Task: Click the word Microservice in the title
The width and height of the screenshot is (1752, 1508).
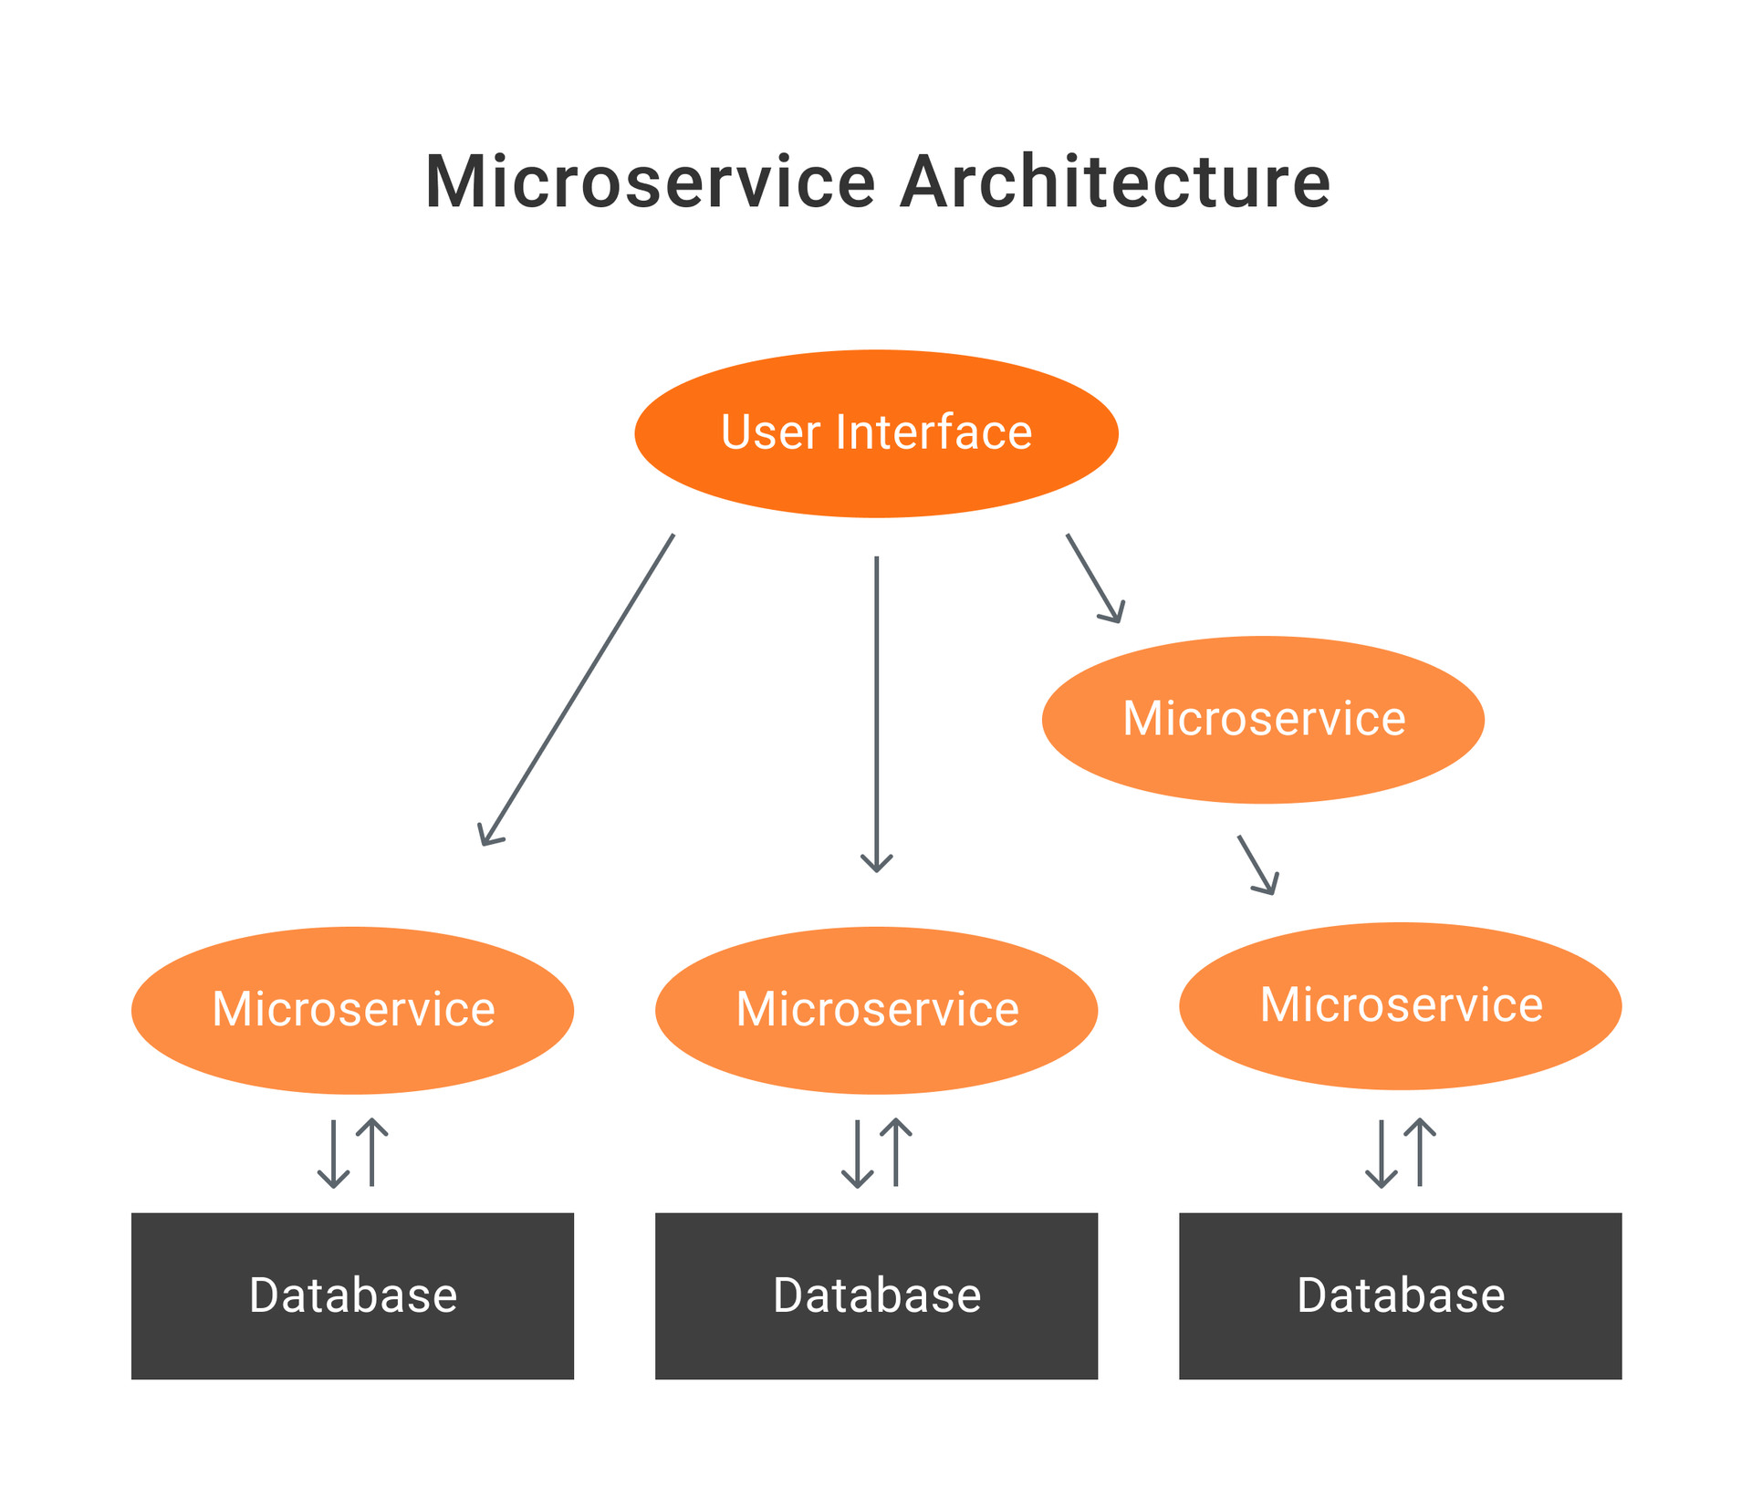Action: pos(651,182)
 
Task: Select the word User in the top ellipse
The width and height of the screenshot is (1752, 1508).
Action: pos(770,432)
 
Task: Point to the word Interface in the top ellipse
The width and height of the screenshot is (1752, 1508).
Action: pos(933,432)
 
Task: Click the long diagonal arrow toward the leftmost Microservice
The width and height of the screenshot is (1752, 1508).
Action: pos(577,690)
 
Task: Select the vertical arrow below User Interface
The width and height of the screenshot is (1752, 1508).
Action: pos(876,714)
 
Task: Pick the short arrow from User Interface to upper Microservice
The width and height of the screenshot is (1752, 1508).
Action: pos(1095,578)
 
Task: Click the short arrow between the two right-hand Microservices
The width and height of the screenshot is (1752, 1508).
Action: pos(1258,865)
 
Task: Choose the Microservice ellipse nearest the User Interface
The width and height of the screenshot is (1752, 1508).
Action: pos(1263,719)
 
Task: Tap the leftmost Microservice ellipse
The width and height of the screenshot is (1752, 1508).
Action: pos(352,1010)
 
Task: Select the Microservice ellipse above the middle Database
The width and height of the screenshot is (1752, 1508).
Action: pos(876,1010)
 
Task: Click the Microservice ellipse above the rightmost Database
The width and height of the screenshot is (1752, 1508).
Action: pos(1400,1005)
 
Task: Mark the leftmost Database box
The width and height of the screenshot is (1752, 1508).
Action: pos(352,1295)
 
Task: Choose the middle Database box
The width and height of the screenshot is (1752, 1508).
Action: pos(876,1295)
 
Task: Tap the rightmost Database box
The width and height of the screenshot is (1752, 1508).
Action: pos(1400,1295)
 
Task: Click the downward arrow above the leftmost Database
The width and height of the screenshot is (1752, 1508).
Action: pos(333,1154)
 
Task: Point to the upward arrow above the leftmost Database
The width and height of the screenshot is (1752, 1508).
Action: pos(371,1152)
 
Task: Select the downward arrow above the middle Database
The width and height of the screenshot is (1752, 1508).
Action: pos(857,1154)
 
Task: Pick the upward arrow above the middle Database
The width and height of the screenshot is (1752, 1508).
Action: pos(895,1152)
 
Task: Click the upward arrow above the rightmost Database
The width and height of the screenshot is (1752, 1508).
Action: pos(1419,1152)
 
